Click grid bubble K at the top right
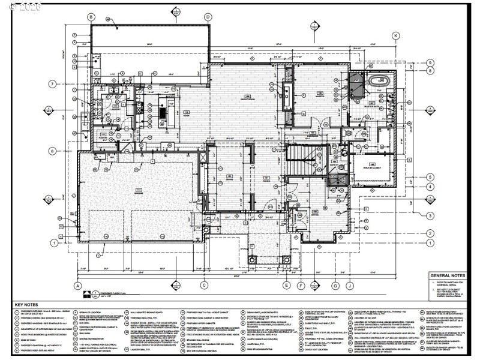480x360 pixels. [x=396, y=36]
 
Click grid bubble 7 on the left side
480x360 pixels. [x=53, y=83]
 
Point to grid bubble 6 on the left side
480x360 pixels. [x=53, y=151]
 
